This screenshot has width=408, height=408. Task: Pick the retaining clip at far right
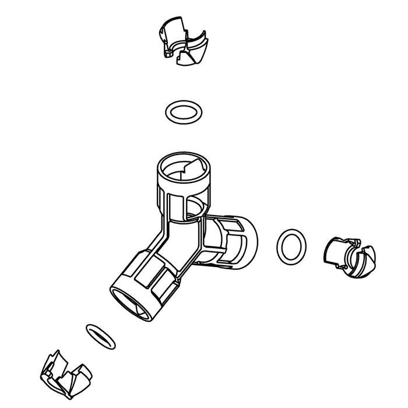[350, 257]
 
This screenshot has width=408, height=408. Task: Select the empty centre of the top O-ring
[183, 111]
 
